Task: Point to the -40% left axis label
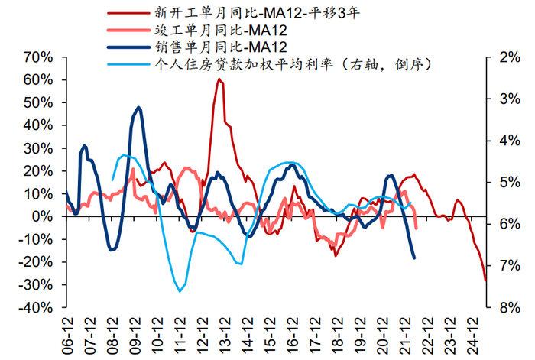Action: tap(35, 308)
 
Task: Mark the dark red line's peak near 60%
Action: tap(219, 79)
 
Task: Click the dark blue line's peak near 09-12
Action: tap(138, 107)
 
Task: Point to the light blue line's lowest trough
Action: tap(180, 291)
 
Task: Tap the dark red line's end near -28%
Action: tap(485, 281)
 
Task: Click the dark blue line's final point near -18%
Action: tap(414, 258)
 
